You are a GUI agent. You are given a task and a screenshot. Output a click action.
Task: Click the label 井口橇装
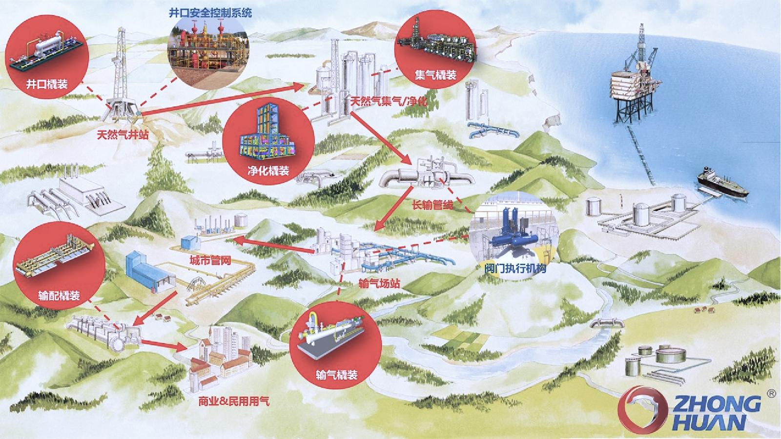[47, 84]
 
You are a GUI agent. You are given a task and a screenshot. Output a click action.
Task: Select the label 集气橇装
[435, 75]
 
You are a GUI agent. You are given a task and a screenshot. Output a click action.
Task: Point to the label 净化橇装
[268, 170]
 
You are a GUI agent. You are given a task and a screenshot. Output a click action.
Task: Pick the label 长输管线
[432, 205]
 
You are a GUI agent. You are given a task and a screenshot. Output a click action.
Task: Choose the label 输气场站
[379, 283]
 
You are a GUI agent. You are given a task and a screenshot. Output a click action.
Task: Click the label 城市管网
[210, 260]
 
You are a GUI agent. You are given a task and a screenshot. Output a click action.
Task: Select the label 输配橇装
[59, 296]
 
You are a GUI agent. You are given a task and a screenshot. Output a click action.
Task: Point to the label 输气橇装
[336, 375]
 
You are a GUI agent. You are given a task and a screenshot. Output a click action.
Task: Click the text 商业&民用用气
[233, 402]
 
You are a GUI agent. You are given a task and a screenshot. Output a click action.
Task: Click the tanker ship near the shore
[721, 183]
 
